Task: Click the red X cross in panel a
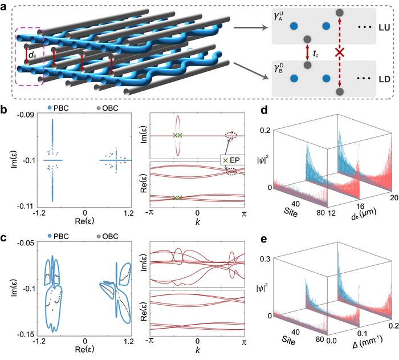point(340,52)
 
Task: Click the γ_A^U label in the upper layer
point(280,21)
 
